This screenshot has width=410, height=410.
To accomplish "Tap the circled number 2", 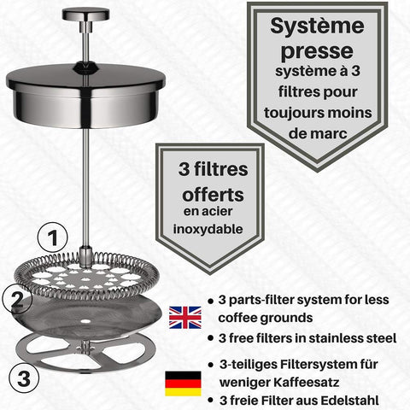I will [15, 299].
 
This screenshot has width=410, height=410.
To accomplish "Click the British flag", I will [184, 316].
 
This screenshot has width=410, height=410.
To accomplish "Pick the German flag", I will [184, 382].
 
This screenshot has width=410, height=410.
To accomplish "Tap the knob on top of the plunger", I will [86, 15].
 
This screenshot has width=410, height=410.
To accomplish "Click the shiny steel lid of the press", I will [85, 94].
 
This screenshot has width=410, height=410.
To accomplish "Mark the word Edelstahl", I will [361, 401].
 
